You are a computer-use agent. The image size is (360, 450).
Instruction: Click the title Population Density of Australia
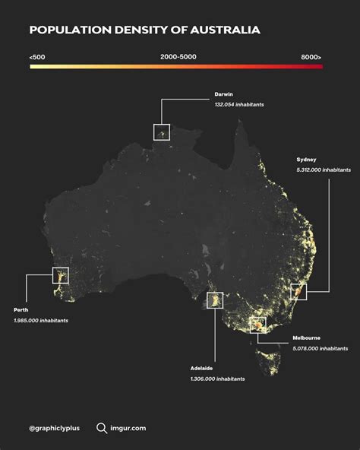[144, 30]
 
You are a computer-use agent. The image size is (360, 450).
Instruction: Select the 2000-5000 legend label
[179, 57]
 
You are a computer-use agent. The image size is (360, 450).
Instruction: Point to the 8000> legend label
[311, 57]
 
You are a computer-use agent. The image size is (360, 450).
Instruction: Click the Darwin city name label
[223, 94]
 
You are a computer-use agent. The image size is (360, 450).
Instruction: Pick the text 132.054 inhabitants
[239, 104]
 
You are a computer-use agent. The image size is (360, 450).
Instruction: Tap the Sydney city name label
[307, 160]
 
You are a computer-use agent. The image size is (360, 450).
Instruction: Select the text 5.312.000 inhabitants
[324, 170]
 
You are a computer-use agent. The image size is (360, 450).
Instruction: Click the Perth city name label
[21, 310]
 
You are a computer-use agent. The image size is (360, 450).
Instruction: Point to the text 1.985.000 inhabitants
[40, 321]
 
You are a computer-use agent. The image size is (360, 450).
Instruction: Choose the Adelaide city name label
[202, 368]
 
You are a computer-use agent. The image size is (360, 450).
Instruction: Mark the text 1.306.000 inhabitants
[218, 379]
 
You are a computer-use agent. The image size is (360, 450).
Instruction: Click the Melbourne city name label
[306, 337]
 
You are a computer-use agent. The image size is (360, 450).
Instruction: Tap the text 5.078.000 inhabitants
[321, 348]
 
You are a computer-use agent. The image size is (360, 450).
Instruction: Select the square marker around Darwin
[161, 132]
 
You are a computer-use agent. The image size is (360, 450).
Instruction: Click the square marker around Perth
[60, 275]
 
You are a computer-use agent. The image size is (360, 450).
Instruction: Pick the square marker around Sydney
[298, 291]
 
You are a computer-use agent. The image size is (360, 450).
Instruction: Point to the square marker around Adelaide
[215, 300]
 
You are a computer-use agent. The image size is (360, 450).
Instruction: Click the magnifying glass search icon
[101, 428]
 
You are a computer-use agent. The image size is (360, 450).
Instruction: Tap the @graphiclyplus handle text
[55, 429]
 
